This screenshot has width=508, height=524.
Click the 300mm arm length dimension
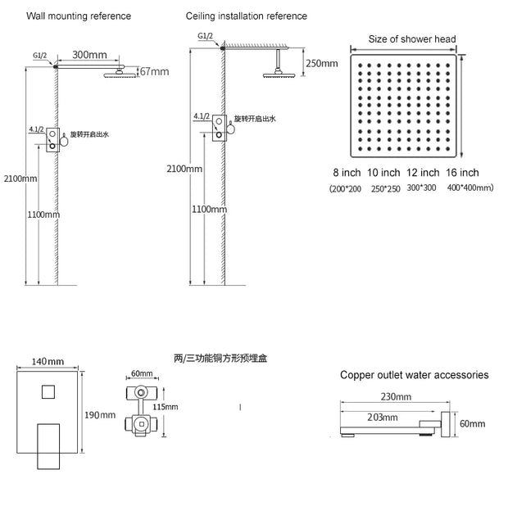coord(88,55)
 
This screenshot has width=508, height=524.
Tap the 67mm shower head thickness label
coord(153,72)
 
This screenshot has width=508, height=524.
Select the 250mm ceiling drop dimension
coord(321,64)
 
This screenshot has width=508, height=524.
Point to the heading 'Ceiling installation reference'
coord(247,16)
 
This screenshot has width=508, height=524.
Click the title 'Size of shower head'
coord(412,38)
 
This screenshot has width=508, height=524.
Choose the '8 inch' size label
coord(347,173)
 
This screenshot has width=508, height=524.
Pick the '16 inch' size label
coord(463,173)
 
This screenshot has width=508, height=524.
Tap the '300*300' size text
coord(422,187)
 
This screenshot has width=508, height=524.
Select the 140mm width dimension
coord(48,361)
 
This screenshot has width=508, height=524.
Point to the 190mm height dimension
coord(103,415)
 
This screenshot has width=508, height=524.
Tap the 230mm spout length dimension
coord(396,396)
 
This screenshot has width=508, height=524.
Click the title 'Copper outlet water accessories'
coord(415,375)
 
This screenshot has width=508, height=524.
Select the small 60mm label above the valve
coord(142,373)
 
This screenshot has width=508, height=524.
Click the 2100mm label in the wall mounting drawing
coord(20,178)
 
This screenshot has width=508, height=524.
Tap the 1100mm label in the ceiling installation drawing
coord(209,210)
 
